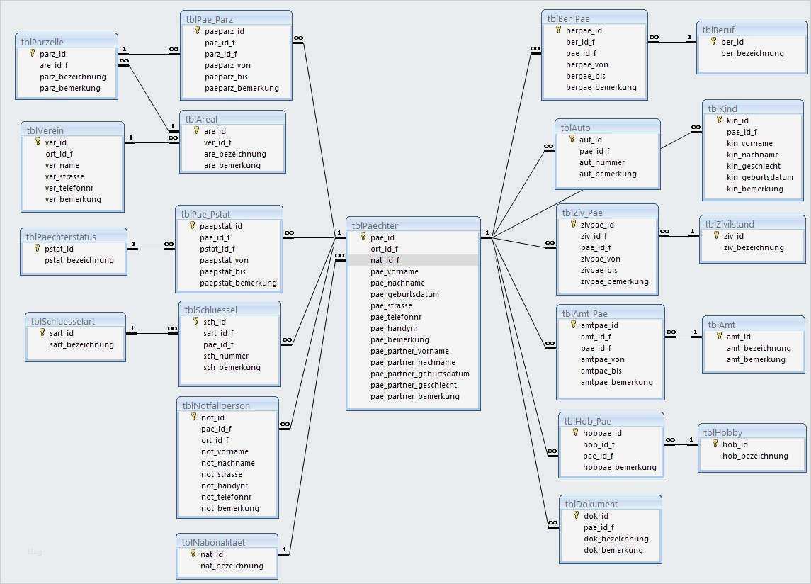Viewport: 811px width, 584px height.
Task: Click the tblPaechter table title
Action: click(375, 225)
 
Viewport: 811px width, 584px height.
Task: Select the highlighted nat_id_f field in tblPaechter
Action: click(385, 260)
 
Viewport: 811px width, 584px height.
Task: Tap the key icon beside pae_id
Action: click(363, 237)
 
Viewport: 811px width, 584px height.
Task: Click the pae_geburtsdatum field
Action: click(404, 294)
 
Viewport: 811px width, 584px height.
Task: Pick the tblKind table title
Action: click(722, 108)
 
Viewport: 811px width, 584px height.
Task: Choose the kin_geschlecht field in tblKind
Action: click(754, 166)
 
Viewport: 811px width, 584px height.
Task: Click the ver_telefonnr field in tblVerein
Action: click(69, 188)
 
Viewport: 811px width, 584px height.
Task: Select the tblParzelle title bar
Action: click(42, 42)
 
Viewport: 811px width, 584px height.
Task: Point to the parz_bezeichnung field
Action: click(73, 77)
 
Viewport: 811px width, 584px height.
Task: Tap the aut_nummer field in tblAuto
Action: click(602, 162)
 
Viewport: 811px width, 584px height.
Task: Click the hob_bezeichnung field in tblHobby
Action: click(755, 456)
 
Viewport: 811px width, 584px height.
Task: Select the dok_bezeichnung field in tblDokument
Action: click(616, 539)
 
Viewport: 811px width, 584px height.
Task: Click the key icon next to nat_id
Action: click(193, 554)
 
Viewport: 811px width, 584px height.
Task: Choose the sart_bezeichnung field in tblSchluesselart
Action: click(81, 344)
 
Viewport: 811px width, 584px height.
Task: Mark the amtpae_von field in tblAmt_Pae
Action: click(602, 359)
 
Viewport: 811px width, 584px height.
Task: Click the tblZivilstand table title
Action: click(730, 224)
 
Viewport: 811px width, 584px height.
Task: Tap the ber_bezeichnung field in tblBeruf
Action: click(752, 53)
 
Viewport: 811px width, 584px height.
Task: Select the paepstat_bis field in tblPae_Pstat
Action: click(223, 271)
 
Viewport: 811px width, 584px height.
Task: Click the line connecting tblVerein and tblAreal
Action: click(152, 142)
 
